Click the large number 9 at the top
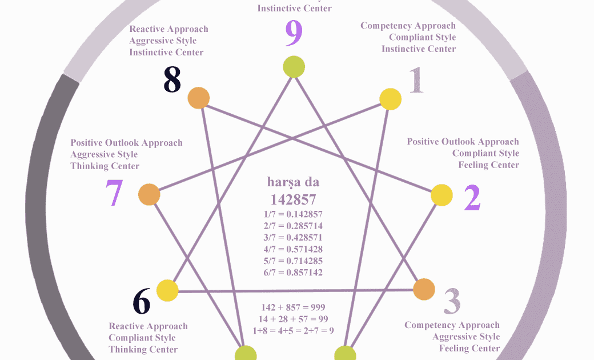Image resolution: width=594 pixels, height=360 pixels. pos(294,35)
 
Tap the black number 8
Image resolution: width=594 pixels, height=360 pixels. pos(172,81)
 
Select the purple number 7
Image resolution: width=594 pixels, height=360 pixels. pos(114,194)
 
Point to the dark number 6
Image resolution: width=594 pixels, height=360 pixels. pos(142,301)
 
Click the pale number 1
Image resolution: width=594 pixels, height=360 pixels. pos(416,81)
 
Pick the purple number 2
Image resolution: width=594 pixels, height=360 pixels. pos(472,198)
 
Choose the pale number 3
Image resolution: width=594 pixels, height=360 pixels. pos(452,301)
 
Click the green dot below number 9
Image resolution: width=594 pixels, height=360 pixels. pos(294,66)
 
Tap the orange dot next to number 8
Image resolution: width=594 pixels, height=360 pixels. pos(198,98)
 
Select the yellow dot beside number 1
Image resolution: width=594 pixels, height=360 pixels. pos(391,99)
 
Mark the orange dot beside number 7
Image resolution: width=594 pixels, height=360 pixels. pos(149,194)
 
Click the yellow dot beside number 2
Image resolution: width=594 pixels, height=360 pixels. pos(441,195)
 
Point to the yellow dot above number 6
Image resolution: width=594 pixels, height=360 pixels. pos(167,290)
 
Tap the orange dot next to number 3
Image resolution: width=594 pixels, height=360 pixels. pos(424,289)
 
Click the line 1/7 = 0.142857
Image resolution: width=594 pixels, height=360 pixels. pos(293,214)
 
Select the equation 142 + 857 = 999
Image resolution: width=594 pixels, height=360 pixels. pos(293,307)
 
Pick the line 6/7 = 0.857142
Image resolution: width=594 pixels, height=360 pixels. pos(293,273)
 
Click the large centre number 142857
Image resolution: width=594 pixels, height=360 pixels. pos(293,199)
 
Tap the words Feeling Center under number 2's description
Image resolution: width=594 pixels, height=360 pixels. pos(488,165)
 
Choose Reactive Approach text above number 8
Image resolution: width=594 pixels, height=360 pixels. pos(168,29)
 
